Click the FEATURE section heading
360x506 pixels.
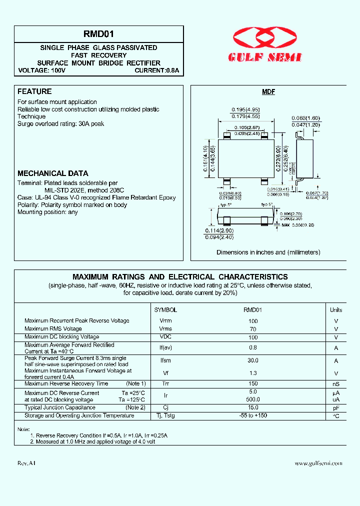tap(34, 91)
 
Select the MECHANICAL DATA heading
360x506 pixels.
tap(52, 173)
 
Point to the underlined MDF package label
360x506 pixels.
tap(268, 92)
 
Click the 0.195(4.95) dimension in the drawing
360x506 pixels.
tap(244, 109)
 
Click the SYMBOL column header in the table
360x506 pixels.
tap(165, 310)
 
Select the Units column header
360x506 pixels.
tap(336, 310)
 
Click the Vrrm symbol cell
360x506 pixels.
tap(165, 321)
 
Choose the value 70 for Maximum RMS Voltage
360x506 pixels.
tap(253, 329)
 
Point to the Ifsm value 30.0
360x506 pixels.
tap(253, 360)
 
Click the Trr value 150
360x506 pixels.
tap(253, 383)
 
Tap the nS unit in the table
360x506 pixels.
tap(336, 384)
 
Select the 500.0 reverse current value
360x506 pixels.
tap(253, 399)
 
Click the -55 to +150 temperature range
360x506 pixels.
tap(253, 415)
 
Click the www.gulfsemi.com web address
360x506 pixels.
tap(318, 463)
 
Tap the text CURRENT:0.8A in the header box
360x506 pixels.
tap(156, 70)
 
